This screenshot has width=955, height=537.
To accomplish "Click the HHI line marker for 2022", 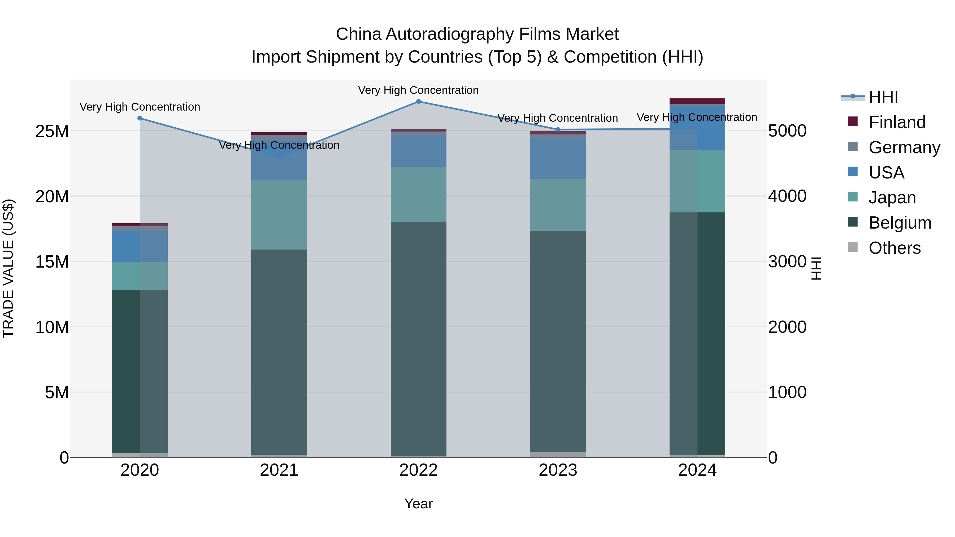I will point(419,102).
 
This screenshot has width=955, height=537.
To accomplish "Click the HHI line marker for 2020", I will point(140,118).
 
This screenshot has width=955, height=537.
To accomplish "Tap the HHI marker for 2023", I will point(558,130).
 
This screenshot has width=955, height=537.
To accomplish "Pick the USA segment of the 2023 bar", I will point(558,159).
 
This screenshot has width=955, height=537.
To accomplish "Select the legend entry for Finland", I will point(897,122).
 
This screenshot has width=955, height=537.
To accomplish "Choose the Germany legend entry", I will point(904,147).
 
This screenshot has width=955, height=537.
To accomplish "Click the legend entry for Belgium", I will point(900,223).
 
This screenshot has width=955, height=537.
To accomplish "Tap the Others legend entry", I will point(894,248).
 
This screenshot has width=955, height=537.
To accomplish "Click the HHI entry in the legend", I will point(883,97).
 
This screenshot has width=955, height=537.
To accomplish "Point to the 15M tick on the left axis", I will point(52,262).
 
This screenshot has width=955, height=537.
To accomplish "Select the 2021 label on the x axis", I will point(279,470).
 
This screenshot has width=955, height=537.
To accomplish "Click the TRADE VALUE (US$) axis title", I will point(8,268).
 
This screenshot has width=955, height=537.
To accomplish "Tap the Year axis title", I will point(419,504).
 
